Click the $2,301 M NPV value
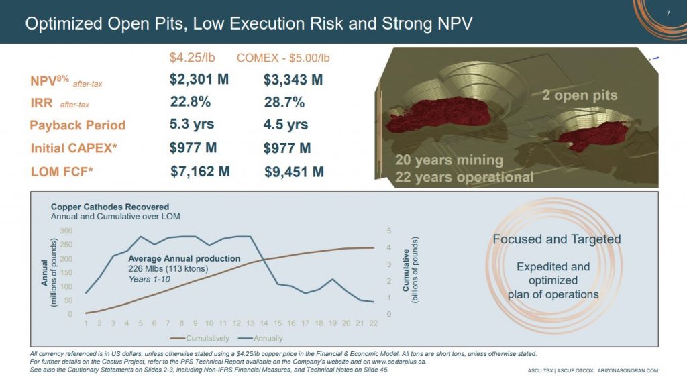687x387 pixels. pyautogui.click(x=199, y=80)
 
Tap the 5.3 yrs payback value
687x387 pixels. pyautogui.click(x=192, y=124)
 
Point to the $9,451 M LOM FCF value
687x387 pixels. pyautogui.click(x=295, y=172)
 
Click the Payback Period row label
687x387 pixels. pyautogui.click(x=78, y=125)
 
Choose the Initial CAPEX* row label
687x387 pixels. pyautogui.click(x=74, y=148)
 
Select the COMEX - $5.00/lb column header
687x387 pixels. pyautogui.click(x=283, y=58)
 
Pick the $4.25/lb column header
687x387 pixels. pyautogui.click(x=193, y=58)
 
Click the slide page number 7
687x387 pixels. pyautogui.click(x=668, y=13)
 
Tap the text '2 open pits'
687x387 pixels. pyautogui.click(x=580, y=95)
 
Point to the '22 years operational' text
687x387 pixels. pyautogui.click(x=464, y=177)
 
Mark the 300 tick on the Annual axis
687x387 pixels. pyautogui.click(x=66, y=231)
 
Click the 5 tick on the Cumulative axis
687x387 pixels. pyautogui.click(x=390, y=231)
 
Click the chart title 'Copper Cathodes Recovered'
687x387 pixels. pyautogui.click(x=110, y=207)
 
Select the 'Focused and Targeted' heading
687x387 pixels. pyautogui.click(x=557, y=239)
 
